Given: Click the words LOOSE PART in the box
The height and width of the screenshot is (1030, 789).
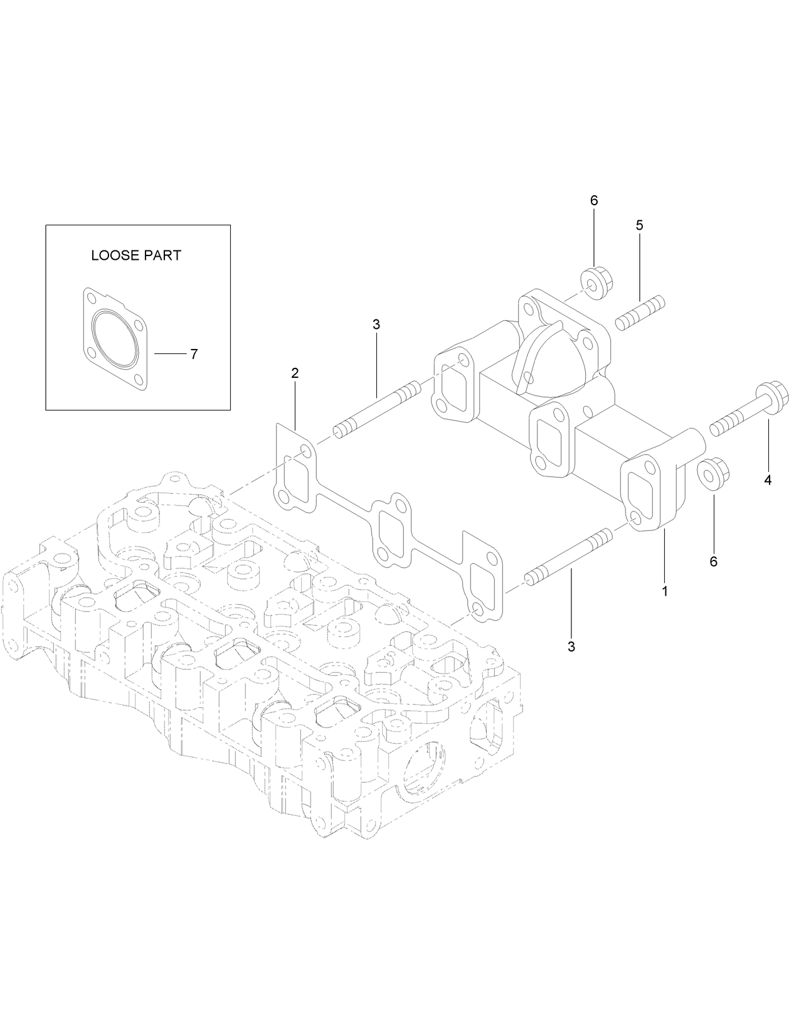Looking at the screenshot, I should (136, 255).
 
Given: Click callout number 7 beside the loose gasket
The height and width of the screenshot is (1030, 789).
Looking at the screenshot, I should (194, 355).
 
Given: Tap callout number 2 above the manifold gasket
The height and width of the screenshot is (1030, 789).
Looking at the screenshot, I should (295, 373).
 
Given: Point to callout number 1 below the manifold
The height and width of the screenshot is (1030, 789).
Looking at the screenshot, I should (665, 591).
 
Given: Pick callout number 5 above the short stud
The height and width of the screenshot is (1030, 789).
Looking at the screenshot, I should (639, 225).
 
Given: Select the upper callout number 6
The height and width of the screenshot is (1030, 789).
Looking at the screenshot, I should (594, 200).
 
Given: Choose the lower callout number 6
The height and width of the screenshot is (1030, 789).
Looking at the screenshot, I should (713, 561).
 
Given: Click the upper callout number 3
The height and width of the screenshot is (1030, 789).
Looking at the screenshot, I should (376, 325).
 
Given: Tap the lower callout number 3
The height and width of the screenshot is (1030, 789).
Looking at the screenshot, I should (571, 646).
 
